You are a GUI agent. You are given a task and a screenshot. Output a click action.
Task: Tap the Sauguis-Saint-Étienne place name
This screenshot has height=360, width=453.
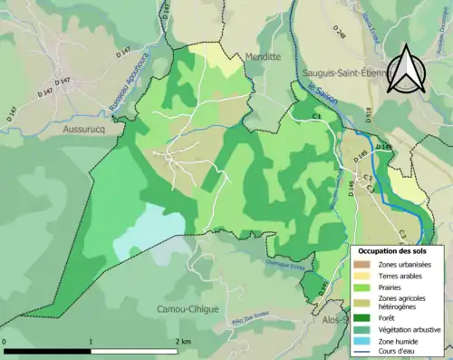coord(348,72)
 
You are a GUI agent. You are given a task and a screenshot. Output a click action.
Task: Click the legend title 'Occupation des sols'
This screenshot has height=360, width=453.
coord(393,250)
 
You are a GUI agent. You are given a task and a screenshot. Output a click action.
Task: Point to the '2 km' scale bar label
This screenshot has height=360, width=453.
coord(184,342)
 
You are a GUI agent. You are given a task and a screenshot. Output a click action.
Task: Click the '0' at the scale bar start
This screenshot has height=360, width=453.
coord(6,342)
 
